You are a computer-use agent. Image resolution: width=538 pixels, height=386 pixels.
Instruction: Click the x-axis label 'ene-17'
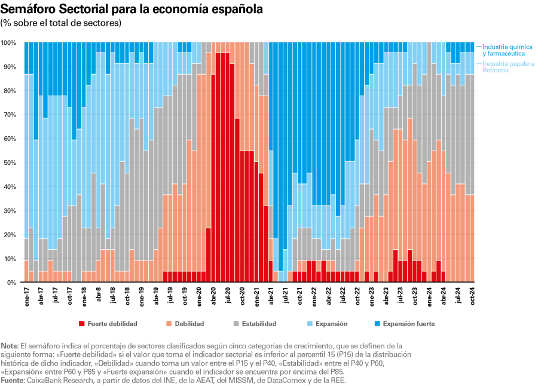tap(27, 296)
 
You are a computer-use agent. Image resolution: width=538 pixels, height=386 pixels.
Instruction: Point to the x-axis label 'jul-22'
tap(342, 296)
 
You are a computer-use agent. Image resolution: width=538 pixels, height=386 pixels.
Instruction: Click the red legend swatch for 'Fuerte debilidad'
tap(81, 324)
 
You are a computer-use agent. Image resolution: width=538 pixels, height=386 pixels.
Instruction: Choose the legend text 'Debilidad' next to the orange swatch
tap(189, 324)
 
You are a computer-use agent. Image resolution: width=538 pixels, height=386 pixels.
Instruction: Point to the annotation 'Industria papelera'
tap(508, 63)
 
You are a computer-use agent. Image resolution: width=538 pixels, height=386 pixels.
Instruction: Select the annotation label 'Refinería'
tap(496, 70)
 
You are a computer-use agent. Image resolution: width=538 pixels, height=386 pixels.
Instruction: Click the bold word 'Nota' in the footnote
tap(9, 346)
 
